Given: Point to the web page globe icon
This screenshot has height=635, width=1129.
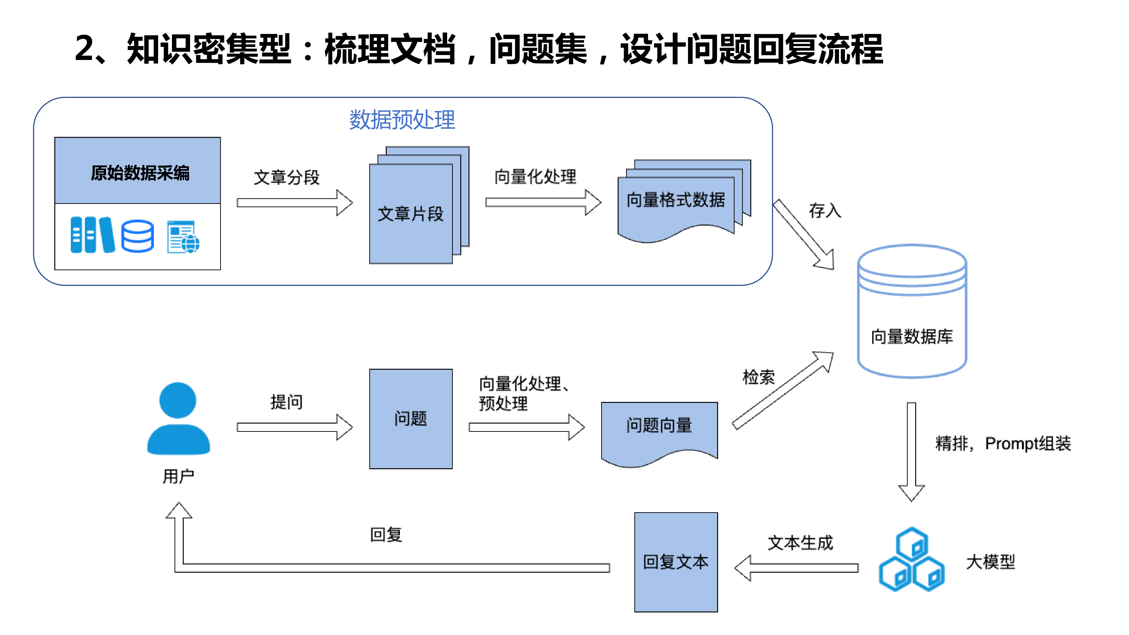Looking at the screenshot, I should click(183, 237).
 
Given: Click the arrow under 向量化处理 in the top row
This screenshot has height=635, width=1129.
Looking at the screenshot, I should click(543, 202).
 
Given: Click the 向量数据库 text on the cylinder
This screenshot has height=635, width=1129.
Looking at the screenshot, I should click(912, 337).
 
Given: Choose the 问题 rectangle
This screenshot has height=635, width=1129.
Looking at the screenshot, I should click(411, 419).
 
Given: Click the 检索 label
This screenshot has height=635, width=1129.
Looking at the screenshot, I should click(758, 377).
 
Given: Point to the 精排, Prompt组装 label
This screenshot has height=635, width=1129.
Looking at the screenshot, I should click(1003, 444).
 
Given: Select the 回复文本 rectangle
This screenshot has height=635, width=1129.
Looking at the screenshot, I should click(676, 562).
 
